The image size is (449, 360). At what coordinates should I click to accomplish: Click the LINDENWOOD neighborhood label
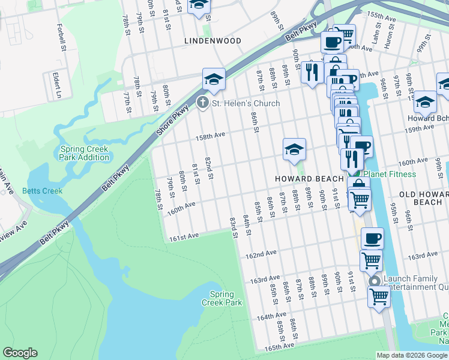(x=212, y=41)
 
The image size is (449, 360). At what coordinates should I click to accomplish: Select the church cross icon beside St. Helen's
(x=203, y=103)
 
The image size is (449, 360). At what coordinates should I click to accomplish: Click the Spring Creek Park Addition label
(x=85, y=153)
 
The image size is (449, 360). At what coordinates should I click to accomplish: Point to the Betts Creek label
(x=42, y=191)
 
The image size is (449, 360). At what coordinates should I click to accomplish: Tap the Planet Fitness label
(x=391, y=174)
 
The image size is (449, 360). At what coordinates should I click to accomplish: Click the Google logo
(x=20, y=353)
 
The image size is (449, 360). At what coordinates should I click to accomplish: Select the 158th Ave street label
(x=209, y=136)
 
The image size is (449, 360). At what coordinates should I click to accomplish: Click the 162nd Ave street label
(x=261, y=256)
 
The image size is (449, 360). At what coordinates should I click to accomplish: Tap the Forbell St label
(x=60, y=37)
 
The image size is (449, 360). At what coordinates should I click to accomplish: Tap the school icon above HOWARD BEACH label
(x=294, y=149)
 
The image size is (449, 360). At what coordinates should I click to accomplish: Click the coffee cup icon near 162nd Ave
(x=372, y=238)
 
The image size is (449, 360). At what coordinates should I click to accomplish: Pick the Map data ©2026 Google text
(x=412, y=355)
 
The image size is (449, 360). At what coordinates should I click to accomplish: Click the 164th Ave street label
(x=271, y=316)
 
